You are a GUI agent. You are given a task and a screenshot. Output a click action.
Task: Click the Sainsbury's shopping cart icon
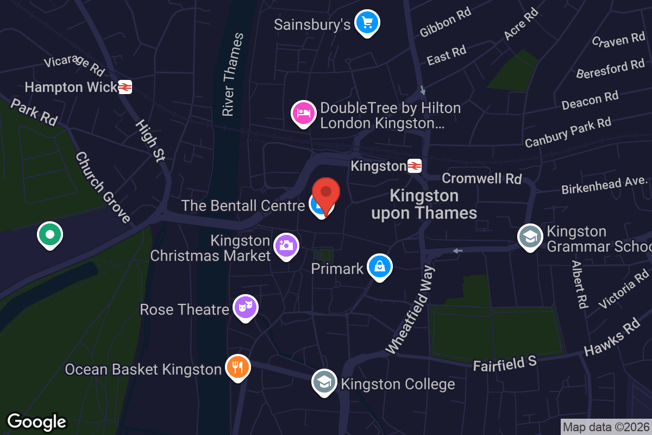click(367, 23)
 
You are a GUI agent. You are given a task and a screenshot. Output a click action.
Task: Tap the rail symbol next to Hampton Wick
click(125, 87)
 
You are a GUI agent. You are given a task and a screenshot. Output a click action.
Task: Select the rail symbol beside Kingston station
click(415, 166)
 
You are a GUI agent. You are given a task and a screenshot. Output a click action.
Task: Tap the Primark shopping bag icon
click(380, 266)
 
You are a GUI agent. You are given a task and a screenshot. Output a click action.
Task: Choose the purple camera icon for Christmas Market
click(286, 245)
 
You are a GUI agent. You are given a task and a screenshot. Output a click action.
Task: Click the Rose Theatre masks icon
click(246, 308)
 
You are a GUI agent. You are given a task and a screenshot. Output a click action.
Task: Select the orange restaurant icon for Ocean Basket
click(237, 367)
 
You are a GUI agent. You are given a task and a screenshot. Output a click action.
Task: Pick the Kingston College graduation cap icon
click(324, 382)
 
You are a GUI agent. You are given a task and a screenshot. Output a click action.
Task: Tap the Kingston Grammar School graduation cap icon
click(530, 236)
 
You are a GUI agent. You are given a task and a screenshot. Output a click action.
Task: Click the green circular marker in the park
click(50, 235)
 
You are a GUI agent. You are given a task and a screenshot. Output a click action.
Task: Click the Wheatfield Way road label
click(411, 308)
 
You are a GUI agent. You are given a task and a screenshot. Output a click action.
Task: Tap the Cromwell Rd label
click(482, 178)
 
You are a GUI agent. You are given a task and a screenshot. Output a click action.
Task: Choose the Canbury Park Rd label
click(568, 132)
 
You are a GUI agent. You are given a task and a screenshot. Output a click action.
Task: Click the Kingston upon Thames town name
click(424, 204)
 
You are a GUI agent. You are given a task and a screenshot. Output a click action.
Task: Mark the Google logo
click(36, 421)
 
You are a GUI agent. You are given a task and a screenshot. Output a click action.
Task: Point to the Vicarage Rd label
click(74, 65)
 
